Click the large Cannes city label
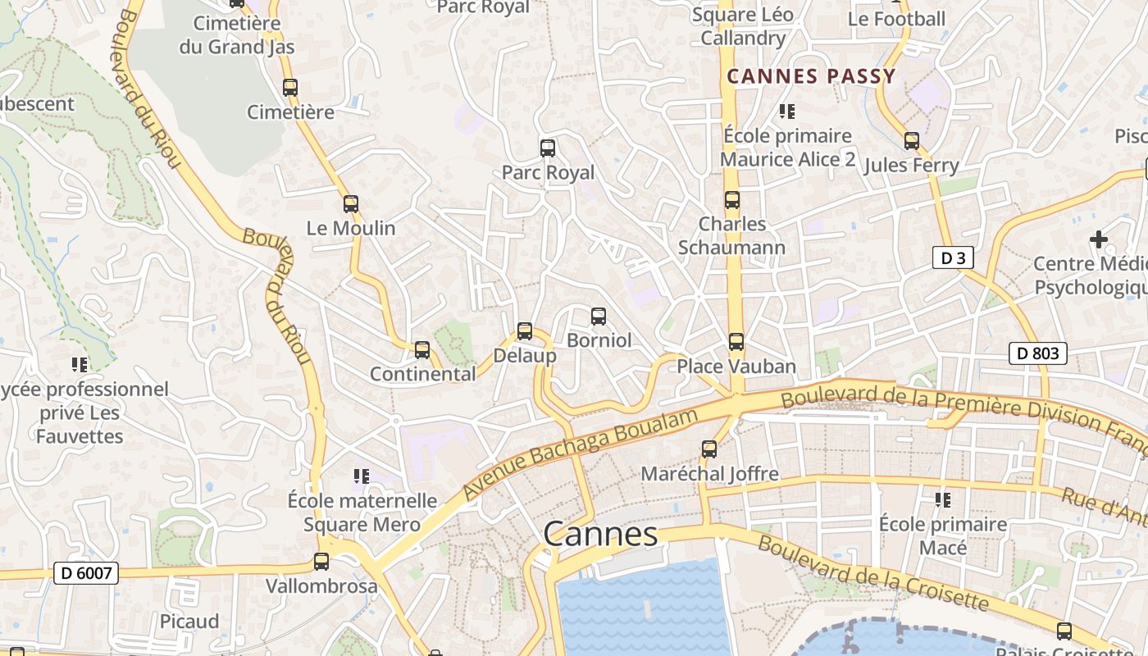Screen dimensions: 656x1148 600,534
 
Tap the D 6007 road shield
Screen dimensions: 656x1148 86,572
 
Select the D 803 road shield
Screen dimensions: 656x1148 1037,353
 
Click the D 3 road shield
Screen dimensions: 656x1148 952,257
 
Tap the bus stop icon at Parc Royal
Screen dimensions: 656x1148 548,148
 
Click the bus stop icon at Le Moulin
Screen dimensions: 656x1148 351,204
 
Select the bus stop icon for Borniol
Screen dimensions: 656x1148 599,317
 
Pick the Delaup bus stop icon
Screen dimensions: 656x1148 525,331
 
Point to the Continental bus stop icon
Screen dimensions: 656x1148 422,350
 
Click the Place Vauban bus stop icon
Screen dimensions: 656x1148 736,342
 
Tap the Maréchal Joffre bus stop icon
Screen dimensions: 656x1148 709,449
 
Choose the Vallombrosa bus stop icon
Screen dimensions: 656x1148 321,563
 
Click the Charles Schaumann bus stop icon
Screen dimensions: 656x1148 732,200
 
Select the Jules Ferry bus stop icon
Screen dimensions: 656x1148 912,141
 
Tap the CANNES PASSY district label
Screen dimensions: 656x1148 811,77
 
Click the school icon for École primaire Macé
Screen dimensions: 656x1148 943,499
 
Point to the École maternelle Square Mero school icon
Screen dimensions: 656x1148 362,476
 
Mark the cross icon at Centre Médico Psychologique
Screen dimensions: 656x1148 1098,239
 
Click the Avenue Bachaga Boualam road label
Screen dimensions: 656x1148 581,453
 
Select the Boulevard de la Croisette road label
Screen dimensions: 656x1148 872,573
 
